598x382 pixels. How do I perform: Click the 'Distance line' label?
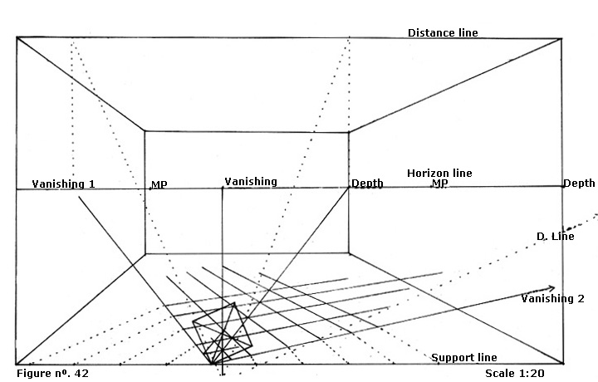(443, 33)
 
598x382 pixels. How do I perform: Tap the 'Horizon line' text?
(439, 173)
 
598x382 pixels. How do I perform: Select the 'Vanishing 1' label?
(63, 183)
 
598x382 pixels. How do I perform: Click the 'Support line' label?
(464, 357)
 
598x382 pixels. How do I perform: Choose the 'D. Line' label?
(556, 237)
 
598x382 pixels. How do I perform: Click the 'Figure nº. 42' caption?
(52, 374)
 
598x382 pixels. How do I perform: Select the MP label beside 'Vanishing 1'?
(159, 184)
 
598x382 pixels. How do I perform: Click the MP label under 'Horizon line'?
(440, 184)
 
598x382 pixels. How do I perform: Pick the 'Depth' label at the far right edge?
(579, 183)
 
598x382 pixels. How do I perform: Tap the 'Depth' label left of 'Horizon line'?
(366, 184)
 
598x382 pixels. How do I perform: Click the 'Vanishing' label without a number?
(251, 181)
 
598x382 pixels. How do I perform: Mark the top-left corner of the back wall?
(145, 131)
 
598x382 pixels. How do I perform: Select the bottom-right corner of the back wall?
(348, 254)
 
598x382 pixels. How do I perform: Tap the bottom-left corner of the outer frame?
(17, 364)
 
